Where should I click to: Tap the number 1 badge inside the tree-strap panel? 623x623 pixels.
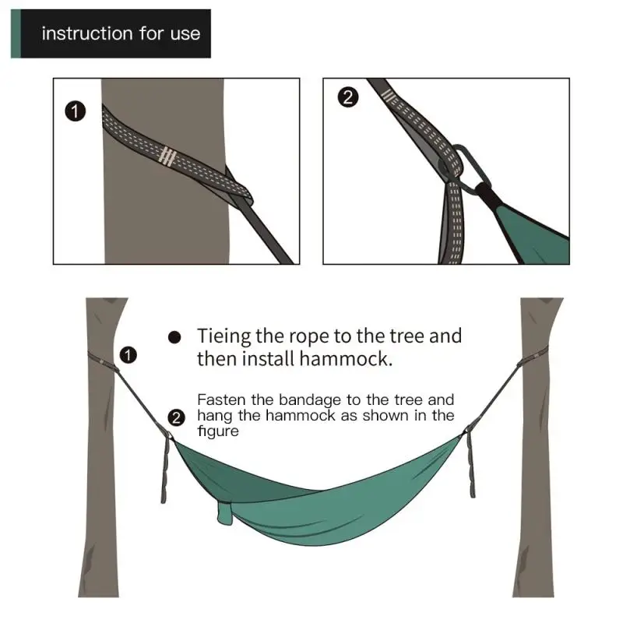tap(73, 112)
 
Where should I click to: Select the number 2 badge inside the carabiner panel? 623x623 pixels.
tap(348, 97)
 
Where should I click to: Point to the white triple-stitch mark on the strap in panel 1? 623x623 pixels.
tap(165, 156)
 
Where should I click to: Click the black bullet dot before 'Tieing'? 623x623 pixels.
tap(175, 338)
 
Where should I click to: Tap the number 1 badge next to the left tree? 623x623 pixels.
tap(129, 356)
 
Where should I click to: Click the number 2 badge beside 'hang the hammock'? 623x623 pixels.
tap(178, 418)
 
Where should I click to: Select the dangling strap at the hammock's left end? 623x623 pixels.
tap(167, 471)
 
